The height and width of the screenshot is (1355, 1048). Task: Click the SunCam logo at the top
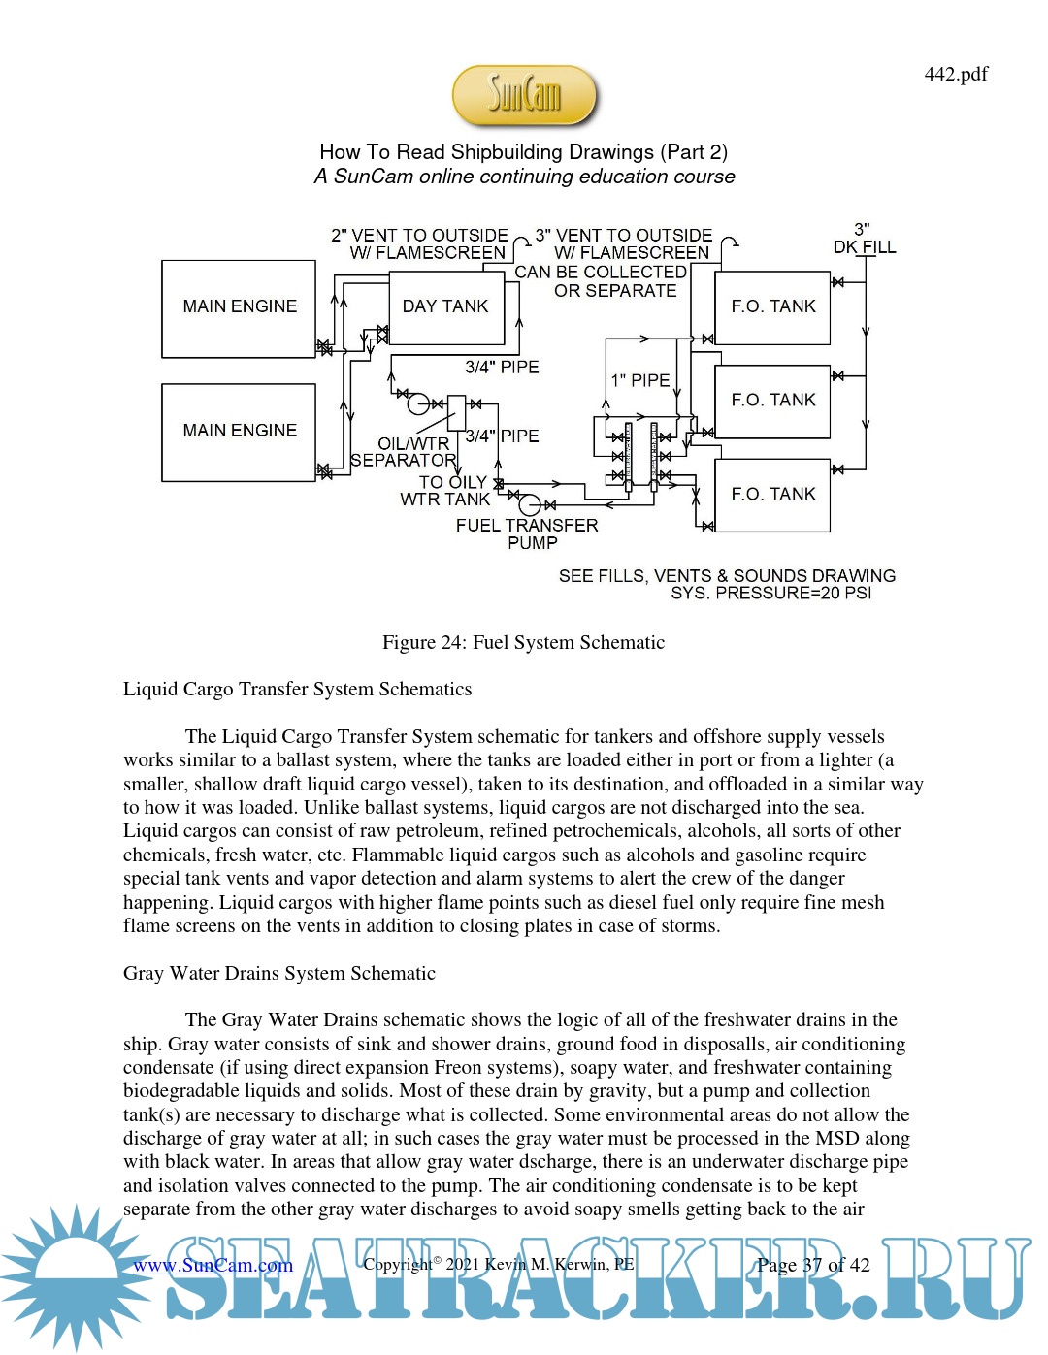pos(524,95)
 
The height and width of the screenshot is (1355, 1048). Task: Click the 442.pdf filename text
pos(956,74)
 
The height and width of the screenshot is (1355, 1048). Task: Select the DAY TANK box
pos(445,306)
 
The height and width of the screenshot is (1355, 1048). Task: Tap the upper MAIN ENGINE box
pos(239,307)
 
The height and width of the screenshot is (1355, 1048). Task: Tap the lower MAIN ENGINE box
pos(239,432)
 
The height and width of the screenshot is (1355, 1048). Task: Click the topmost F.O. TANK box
pos(772,307)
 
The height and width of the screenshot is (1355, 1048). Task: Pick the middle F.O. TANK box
pos(772,401)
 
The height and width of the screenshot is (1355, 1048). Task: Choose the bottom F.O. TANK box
pos(772,495)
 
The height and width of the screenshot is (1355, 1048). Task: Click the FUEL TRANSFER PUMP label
pos(527,533)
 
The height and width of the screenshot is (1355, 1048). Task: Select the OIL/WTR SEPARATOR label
pos(405,452)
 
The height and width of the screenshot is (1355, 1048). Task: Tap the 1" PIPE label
pos(639,380)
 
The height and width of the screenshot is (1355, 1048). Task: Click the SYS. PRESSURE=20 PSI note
pos(770,593)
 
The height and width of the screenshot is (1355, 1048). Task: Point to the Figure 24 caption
pos(523,642)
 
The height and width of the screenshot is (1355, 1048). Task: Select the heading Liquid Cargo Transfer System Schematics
pos(297,689)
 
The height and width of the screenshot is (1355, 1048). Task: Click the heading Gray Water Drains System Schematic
pos(278,973)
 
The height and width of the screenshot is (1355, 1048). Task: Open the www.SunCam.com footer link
pos(213,1265)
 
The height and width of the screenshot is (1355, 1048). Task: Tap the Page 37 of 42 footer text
pos(813,1265)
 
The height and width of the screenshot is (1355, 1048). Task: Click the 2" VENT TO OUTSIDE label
pos(419,236)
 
